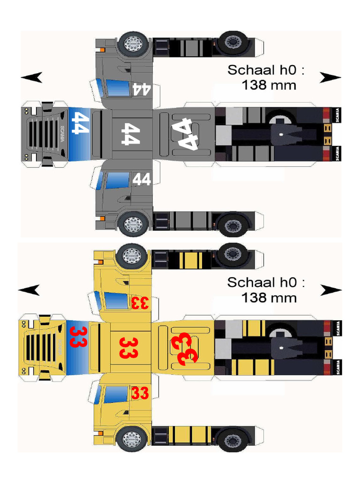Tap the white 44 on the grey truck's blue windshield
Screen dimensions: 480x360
(x=80, y=123)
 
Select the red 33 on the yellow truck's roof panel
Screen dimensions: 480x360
(x=127, y=347)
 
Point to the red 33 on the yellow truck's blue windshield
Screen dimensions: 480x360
(x=79, y=337)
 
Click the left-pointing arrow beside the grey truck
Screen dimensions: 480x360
(x=32, y=77)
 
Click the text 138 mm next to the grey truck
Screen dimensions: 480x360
(x=269, y=85)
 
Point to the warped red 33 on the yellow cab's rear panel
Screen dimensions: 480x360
(x=184, y=348)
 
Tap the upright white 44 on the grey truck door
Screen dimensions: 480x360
(x=142, y=179)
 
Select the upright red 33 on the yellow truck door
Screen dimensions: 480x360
(x=140, y=392)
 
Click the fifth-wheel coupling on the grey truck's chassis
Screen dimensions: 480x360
(x=285, y=134)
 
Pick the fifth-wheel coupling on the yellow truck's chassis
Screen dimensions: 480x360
(x=285, y=347)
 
